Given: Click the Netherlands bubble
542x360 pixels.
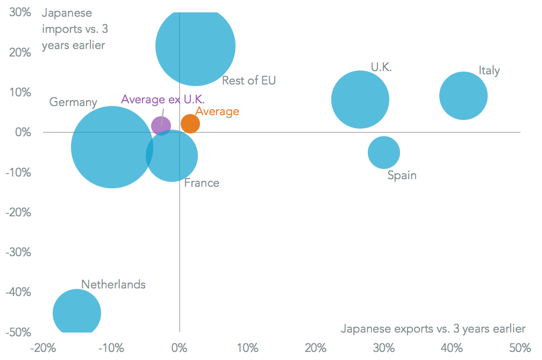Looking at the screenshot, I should click(x=77, y=313).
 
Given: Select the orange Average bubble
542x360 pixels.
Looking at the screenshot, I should click(x=190, y=124).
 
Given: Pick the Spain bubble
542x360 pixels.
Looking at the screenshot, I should click(x=384, y=152).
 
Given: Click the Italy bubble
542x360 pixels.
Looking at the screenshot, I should click(x=463, y=96).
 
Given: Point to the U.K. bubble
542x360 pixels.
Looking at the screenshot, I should click(x=360, y=100).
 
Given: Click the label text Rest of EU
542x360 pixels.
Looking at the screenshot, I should click(x=249, y=81).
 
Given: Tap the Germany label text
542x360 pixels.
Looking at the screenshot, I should click(x=73, y=102).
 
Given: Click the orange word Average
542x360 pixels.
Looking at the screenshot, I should click(x=217, y=112).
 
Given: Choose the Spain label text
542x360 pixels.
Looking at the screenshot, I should click(x=402, y=175).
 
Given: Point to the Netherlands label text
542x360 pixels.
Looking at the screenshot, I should click(x=113, y=284).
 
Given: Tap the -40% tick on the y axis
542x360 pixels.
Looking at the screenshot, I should click(x=18, y=292).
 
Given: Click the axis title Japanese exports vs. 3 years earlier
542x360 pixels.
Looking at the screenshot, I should click(x=433, y=328).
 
